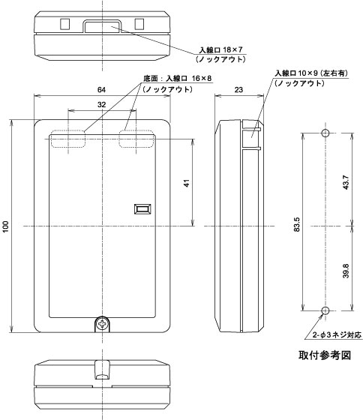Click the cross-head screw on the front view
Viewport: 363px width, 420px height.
[x=103, y=324]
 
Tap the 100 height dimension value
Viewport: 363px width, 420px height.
[x=6, y=226]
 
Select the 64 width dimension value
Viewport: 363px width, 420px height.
[x=101, y=90]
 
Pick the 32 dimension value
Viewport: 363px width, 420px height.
[x=101, y=105]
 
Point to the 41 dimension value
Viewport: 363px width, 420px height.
[x=187, y=183]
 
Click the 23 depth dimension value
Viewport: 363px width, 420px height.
[x=238, y=90]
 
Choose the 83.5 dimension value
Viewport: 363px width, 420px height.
[x=297, y=224]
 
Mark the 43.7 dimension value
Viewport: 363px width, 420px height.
[x=346, y=182]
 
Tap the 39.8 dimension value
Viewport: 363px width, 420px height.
[x=346, y=271]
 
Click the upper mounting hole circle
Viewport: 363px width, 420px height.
[x=325, y=133]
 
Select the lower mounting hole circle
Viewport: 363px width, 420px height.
[x=325, y=310]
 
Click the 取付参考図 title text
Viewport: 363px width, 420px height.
[x=325, y=355]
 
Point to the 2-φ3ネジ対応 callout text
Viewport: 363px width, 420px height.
[x=337, y=334]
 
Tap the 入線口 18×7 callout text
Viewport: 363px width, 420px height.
[x=220, y=49]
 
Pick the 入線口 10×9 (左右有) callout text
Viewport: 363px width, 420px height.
[x=312, y=73]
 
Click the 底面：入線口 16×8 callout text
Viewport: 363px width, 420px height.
[x=177, y=79]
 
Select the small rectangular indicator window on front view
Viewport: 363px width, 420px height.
[x=142, y=209]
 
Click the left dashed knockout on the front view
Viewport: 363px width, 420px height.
[x=68, y=139]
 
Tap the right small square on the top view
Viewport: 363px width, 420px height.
[x=139, y=24]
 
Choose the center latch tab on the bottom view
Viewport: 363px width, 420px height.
[x=102, y=370]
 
